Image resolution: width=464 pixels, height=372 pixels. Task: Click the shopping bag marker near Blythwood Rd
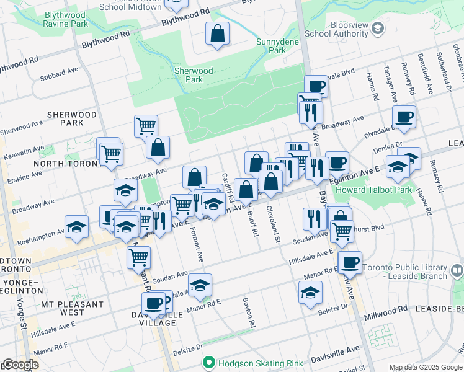[218, 35]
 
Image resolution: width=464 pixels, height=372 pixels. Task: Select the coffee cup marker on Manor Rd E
[350, 262]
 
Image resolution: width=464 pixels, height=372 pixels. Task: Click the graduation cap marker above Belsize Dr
[310, 293]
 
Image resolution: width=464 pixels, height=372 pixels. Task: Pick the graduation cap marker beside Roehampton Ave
[76, 227]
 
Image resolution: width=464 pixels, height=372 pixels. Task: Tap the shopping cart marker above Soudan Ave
[138, 257]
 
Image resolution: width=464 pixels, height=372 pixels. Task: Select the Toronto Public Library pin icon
[457, 270]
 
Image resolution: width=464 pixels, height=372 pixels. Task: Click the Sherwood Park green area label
[194, 75]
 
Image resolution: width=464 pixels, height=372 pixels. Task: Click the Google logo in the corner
[20, 364]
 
